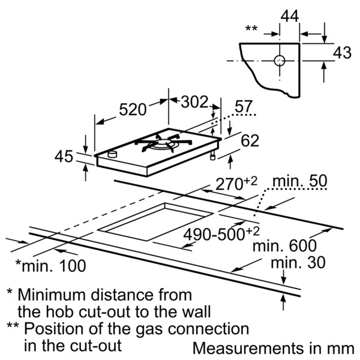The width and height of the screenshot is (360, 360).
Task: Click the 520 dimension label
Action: tap(133, 109)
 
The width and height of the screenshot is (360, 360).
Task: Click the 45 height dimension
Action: tap(64, 157)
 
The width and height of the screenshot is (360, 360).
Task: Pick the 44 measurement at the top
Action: tap(290, 16)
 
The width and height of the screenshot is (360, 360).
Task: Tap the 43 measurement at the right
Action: tap(342, 53)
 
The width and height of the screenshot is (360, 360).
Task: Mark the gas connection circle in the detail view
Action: tap(279, 61)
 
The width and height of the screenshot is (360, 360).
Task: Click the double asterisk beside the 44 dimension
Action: tap(252, 28)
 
